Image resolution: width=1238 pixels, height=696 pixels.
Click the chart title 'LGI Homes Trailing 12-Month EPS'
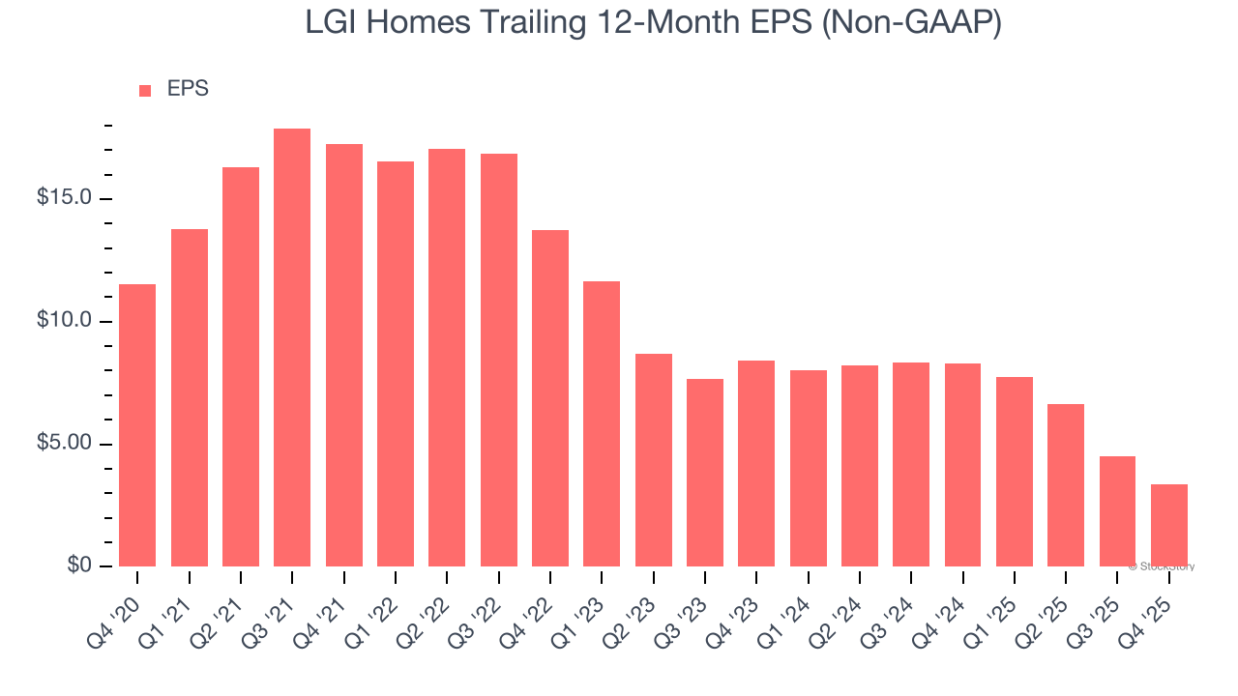[x=653, y=22]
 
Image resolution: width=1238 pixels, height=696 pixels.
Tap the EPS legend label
[x=188, y=89]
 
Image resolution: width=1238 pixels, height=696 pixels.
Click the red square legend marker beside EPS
[x=145, y=90]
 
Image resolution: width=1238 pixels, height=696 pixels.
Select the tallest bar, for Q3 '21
[x=292, y=348]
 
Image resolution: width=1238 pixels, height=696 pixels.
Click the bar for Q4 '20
[x=137, y=425]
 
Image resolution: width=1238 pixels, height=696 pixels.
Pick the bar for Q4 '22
[x=550, y=398]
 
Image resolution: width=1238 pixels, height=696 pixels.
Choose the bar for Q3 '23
[x=705, y=473]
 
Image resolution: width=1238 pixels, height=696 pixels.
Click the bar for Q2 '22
[x=447, y=358]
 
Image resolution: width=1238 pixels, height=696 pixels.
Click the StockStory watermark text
[x=1162, y=566]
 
